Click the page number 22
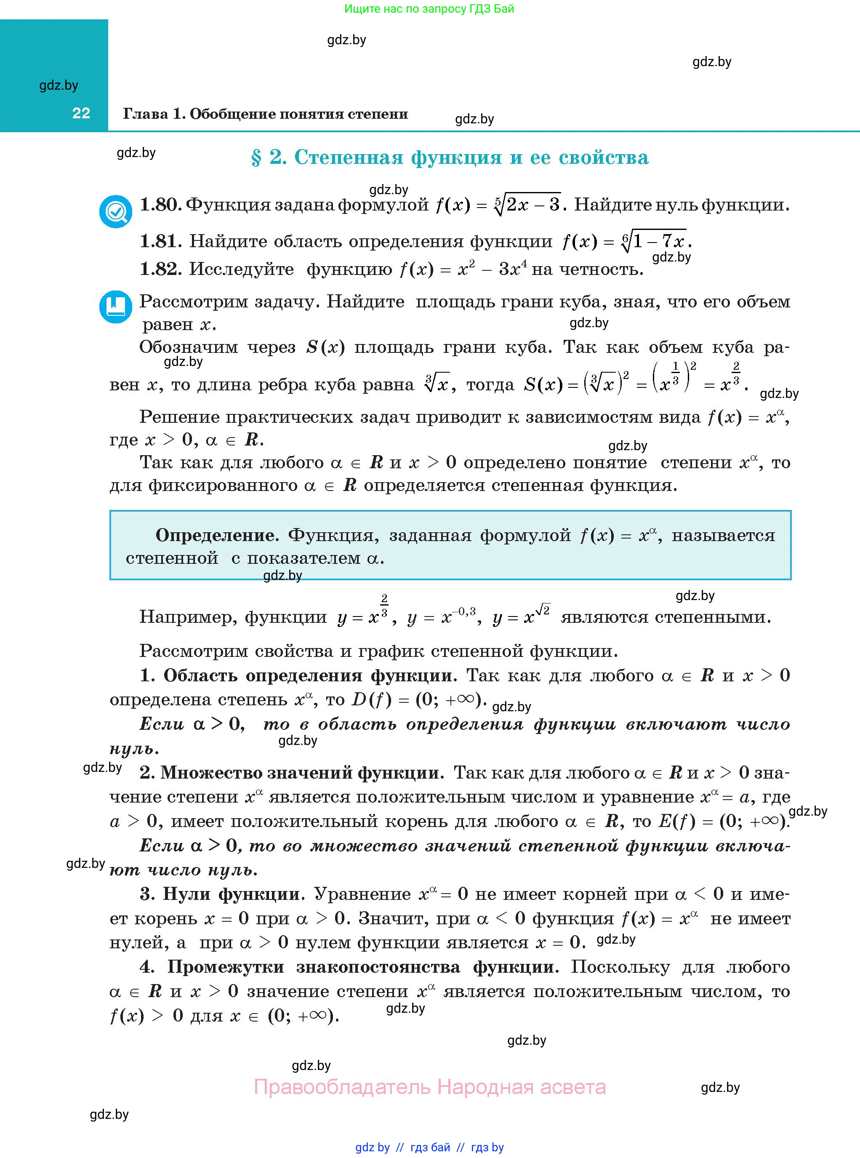pyautogui.click(x=81, y=114)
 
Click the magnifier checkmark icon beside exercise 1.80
pyautogui.click(x=116, y=211)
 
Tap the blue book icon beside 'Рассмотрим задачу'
pyautogui.click(x=116, y=307)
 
